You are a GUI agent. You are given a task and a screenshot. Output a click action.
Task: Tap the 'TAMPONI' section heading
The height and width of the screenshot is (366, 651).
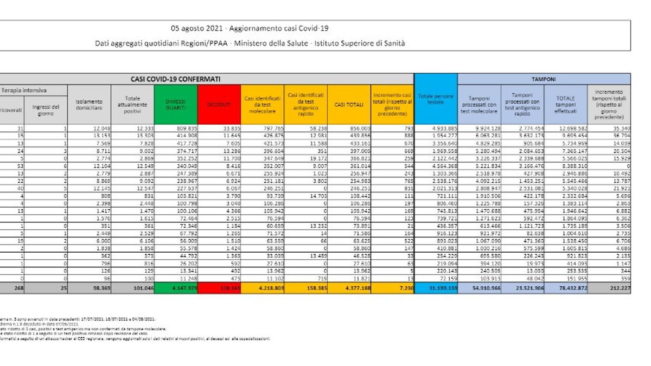pos(544,79)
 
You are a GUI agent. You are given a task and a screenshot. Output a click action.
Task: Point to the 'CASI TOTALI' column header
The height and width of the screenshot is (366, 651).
pos(348,105)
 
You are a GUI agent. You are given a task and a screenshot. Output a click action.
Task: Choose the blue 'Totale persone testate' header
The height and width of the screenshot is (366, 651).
pos(436,101)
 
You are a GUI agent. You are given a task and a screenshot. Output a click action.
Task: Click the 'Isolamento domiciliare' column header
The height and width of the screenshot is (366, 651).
pos(89,105)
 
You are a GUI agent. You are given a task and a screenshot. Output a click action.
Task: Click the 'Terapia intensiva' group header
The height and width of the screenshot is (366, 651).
pos(24,90)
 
